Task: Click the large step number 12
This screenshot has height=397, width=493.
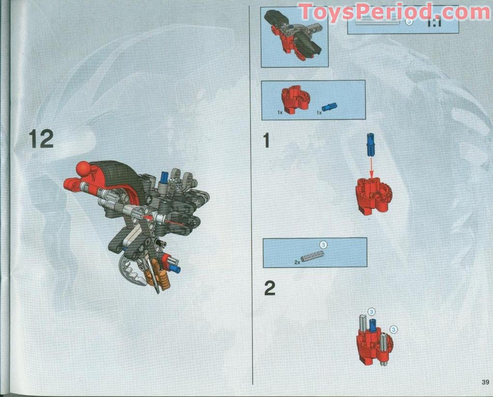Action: coord(41,139)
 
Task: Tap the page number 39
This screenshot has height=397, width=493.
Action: coord(485,383)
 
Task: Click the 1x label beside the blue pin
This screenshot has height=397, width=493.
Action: coord(319,112)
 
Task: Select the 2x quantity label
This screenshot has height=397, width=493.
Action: coord(297,262)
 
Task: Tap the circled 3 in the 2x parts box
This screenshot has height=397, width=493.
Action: coord(323,245)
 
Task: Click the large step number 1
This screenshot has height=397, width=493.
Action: coord(266,140)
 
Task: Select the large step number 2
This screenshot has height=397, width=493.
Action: coord(270,288)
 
